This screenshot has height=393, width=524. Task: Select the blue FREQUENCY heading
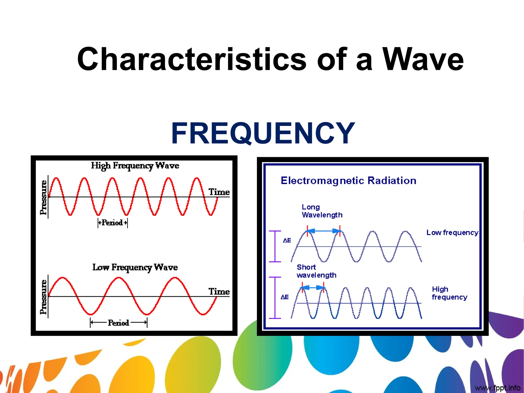point(263,133)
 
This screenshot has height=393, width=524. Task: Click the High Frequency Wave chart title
point(135,166)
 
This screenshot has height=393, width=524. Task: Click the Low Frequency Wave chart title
point(135,267)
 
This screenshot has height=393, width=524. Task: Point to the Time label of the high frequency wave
point(219,192)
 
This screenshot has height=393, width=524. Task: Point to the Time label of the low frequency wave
point(219,291)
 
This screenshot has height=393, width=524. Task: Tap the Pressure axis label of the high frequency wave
point(43,198)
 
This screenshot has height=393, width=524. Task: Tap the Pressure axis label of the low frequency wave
point(43,297)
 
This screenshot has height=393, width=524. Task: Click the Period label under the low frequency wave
point(118,323)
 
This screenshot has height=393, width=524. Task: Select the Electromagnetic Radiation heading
point(348,181)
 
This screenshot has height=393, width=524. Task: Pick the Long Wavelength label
point(322,211)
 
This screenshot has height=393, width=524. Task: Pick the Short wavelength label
point(316,271)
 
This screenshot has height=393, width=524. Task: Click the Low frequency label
point(452,233)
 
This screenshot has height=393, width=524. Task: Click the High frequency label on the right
point(449,293)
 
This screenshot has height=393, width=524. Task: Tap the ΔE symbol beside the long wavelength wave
point(287,241)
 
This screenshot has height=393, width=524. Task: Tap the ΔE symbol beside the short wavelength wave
point(285,297)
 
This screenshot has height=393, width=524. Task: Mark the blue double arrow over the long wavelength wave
point(324,231)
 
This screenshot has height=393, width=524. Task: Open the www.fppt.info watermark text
point(497,388)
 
